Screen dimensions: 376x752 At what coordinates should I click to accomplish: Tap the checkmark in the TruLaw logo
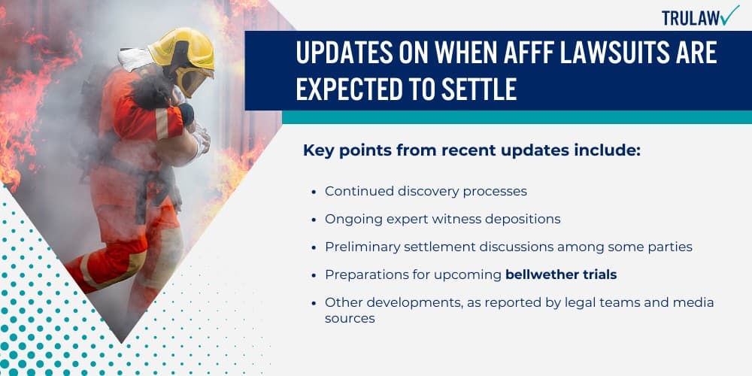[x=729, y=15]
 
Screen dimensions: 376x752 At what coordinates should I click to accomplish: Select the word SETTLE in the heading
[x=479, y=89]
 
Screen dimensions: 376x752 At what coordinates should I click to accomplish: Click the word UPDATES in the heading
[x=341, y=54]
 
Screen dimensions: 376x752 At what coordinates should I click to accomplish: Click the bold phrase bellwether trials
[x=561, y=274]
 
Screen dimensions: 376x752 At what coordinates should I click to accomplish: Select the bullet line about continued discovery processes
[x=426, y=191]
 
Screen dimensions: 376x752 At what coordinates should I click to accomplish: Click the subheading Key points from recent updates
[x=472, y=150]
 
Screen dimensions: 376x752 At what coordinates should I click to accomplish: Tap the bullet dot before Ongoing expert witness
[x=313, y=220]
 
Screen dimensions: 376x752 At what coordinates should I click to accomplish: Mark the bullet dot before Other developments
[x=313, y=303]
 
